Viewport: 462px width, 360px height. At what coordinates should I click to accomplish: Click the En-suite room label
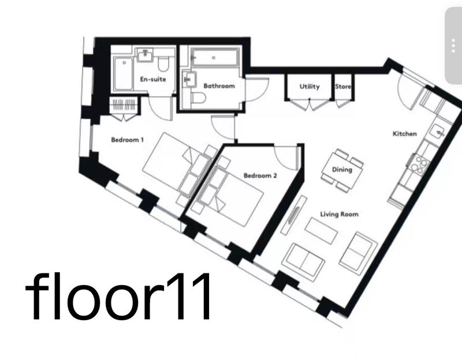pyautogui.click(x=153, y=79)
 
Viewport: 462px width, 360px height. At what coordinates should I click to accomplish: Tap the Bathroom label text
pyautogui.click(x=219, y=86)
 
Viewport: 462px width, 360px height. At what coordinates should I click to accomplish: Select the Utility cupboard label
pyautogui.click(x=310, y=87)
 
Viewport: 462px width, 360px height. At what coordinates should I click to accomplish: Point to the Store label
pyautogui.click(x=343, y=87)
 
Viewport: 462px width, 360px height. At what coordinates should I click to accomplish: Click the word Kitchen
pyautogui.click(x=405, y=134)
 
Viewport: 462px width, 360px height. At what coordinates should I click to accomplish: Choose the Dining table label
pyautogui.click(x=342, y=170)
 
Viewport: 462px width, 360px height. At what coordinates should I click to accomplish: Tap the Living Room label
pyautogui.click(x=340, y=214)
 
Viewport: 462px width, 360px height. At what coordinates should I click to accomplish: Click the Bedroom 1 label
pyautogui.click(x=127, y=140)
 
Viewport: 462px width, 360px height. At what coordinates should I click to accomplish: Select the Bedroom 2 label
pyautogui.click(x=260, y=176)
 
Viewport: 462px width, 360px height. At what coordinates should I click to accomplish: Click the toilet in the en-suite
pyautogui.click(x=163, y=63)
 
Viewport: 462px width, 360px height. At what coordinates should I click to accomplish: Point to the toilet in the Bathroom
pyautogui.click(x=198, y=98)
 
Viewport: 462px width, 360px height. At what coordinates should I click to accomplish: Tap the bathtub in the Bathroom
pyautogui.click(x=214, y=57)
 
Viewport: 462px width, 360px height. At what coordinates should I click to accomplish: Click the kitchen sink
pyautogui.click(x=438, y=132)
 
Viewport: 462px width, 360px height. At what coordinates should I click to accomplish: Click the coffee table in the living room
pyautogui.click(x=321, y=231)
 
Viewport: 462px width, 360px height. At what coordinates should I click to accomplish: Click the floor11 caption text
pyautogui.click(x=118, y=296)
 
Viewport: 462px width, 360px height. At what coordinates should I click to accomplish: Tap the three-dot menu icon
pyautogui.click(x=453, y=46)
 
